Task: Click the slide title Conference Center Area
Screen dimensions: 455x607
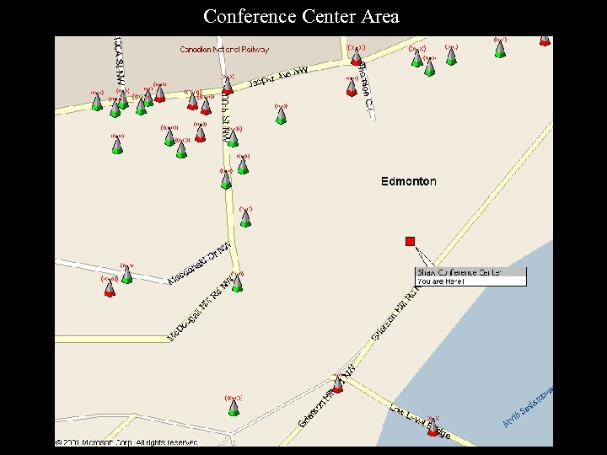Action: [x=301, y=16]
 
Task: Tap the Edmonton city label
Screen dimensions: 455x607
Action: [x=409, y=181]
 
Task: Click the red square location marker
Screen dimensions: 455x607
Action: [x=411, y=242]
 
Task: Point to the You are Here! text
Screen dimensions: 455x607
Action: [x=441, y=281]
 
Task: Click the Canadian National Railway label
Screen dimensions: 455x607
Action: [x=224, y=50]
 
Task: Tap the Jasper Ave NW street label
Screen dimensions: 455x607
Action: [x=278, y=78]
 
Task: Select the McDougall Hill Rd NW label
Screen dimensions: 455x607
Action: [x=201, y=309]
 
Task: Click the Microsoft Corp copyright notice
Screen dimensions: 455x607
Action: [x=126, y=442]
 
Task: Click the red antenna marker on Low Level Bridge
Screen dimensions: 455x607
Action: [x=433, y=427]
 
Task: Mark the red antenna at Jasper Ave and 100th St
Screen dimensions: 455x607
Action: [x=227, y=88]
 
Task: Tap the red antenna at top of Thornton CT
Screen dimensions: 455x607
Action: [x=357, y=57]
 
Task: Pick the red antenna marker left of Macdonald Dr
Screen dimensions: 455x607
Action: [x=109, y=289]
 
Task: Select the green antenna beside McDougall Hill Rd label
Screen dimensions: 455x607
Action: [x=237, y=283]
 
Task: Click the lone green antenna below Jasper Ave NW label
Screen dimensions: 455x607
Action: [x=282, y=115]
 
